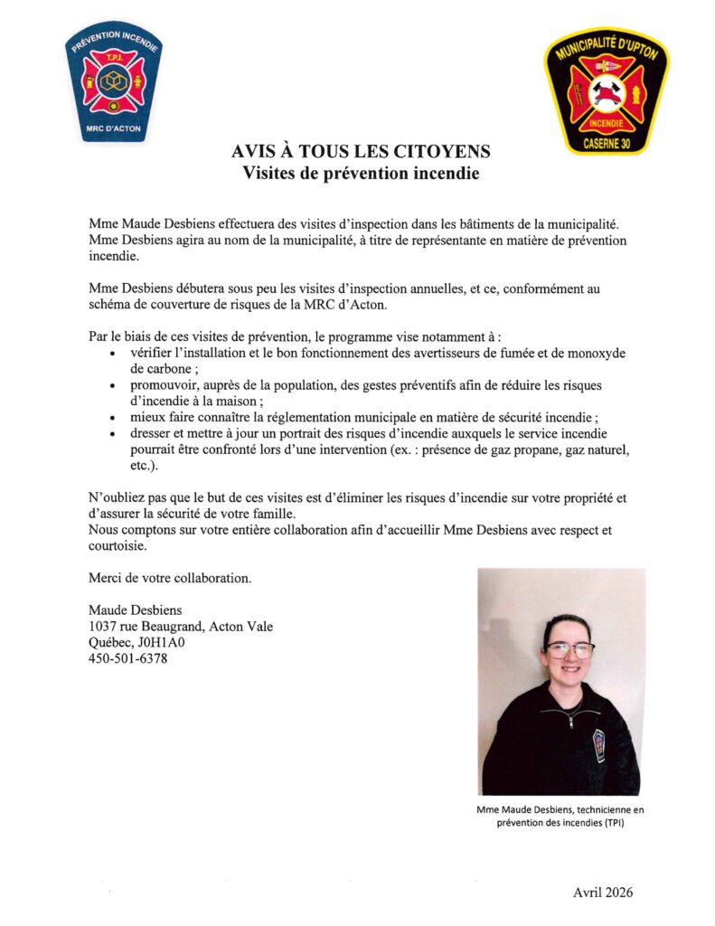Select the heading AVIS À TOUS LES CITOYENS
(361, 151)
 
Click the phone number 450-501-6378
(127, 658)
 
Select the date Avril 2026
(603, 893)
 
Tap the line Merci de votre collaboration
(170, 577)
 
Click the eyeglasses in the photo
(569, 649)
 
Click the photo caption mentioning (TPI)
(560, 817)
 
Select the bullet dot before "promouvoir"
(111, 386)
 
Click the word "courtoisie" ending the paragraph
(118, 546)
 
